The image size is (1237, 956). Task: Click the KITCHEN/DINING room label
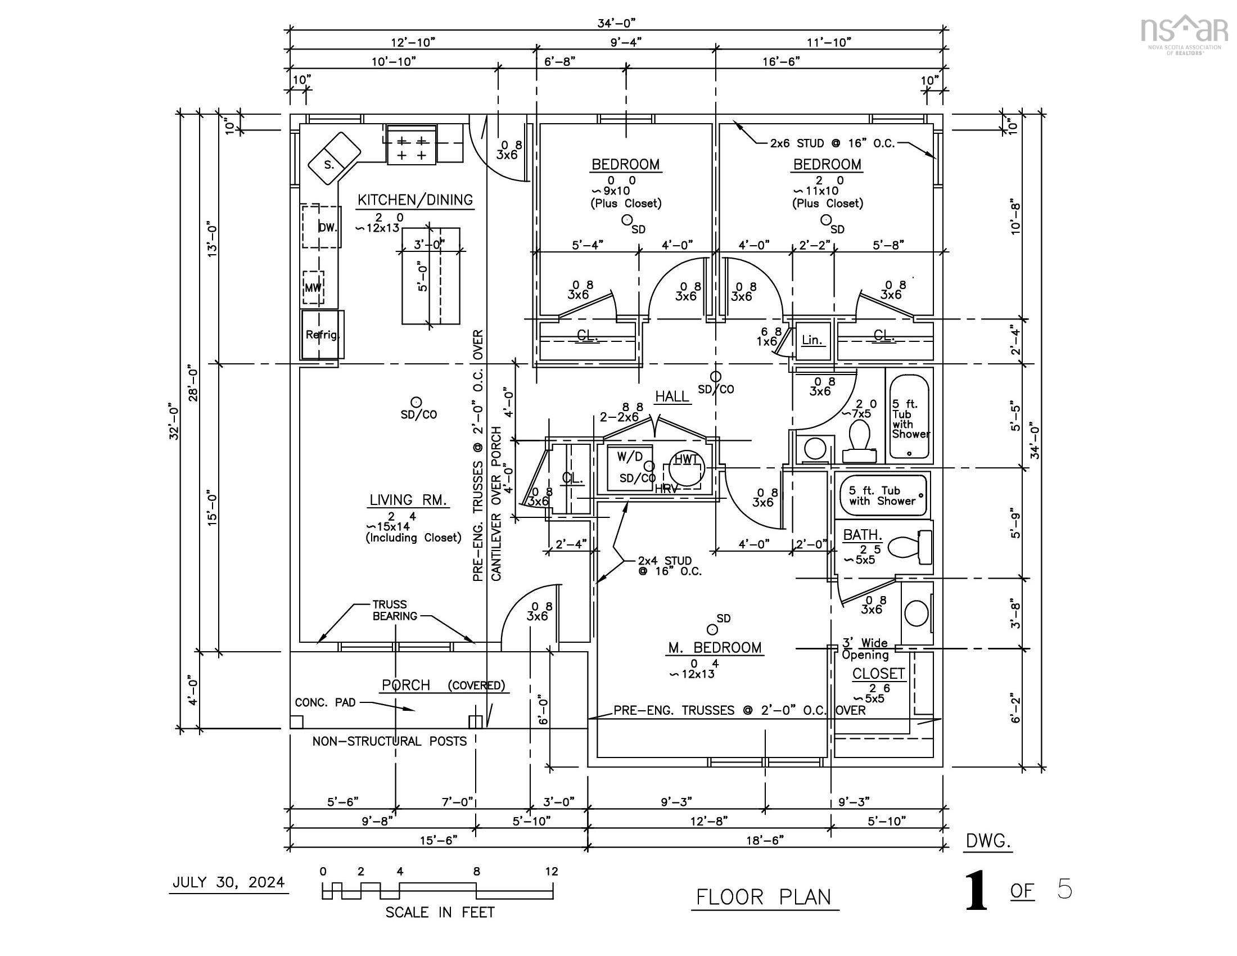point(415,200)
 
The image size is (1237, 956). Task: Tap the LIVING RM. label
point(408,499)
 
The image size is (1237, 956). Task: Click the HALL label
point(672,396)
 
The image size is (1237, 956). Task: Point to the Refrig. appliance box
point(322,334)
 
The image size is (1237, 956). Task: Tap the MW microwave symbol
point(313,288)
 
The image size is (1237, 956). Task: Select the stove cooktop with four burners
point(411,146)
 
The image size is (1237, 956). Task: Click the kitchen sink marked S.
point(334,157)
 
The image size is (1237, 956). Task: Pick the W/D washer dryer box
point(629,468)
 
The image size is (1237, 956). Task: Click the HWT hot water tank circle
point(687,468)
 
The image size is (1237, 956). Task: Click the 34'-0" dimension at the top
point(617,22)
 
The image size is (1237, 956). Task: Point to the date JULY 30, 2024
point(228,882)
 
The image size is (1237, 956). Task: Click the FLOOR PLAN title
point(764,897)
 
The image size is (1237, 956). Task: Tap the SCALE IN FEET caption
point(440,912)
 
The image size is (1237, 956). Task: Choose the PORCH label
point(406,685)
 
